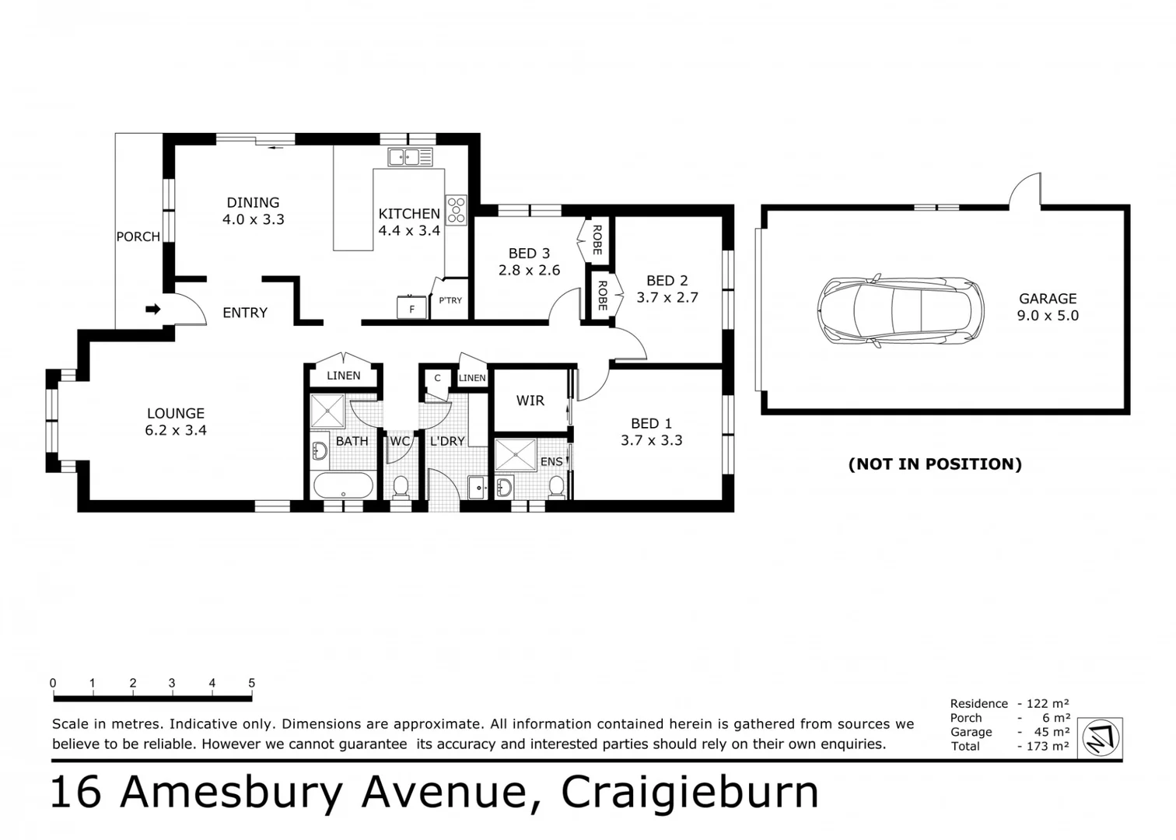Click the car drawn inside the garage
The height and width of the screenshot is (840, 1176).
tap(900, 311)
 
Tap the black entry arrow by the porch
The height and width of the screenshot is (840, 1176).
tap(153, 310)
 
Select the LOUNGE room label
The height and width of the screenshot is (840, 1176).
tap(176, 413)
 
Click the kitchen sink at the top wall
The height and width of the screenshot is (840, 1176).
tap(410, 157)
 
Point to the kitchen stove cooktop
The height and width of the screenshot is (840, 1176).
tap(456, 210)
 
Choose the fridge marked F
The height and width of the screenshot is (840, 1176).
tap(411, 309)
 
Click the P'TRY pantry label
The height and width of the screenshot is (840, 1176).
tap(450, 300)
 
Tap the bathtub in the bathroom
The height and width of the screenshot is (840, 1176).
tap(343, 486)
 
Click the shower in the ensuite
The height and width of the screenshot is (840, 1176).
tap(516, 455)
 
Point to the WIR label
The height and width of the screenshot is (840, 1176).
tap(530, 401)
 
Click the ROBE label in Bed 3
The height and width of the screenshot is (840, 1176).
tap(597, 240)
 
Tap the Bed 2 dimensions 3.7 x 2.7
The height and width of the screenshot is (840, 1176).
tap(667, 297)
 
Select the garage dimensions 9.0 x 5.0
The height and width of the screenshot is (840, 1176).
tap(1048, 315)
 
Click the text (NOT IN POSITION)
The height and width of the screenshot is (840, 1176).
tap(935, 464)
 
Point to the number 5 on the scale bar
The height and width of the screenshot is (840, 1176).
tap(251, 683)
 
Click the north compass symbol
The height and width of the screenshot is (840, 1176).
tap(1101, 737)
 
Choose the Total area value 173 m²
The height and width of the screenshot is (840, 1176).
tap(1046, 746)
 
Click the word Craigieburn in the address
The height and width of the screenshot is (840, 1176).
tap(690, 792)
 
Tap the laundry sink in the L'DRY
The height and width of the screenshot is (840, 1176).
tap(477, 487)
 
